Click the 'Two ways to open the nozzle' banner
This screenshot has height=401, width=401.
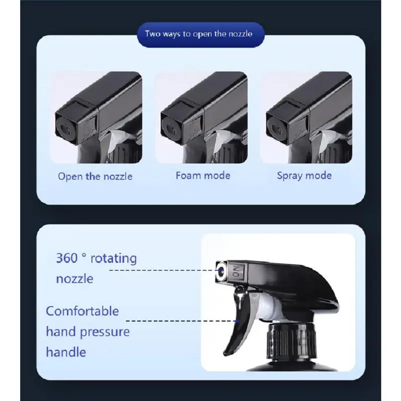click(200, 34)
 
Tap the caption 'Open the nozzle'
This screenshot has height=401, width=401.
click(95, 176)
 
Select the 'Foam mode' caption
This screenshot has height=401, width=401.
click(203, 175)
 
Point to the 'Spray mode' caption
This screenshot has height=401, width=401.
click(304, 176)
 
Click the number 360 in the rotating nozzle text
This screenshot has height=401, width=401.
click(67, 258)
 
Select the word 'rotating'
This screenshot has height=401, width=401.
click(114, 258)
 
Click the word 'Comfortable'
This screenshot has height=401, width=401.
click(82, 311)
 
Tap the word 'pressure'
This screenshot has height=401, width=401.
click(105, 332)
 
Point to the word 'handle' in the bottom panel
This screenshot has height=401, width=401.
click(66, 352)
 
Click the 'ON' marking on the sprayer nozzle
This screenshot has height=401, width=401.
click(236, 272)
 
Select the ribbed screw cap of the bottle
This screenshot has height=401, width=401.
click(291, 341)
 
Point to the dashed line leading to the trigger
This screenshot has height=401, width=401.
click(182, 320)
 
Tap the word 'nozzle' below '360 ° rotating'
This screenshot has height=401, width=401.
click(74, 279)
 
